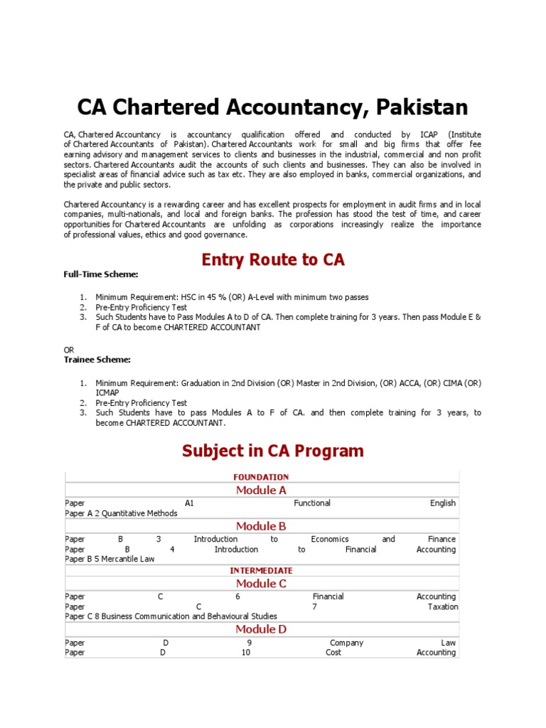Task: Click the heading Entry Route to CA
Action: (273, 259)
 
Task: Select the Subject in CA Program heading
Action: (273, 451)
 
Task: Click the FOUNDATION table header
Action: (262, 477)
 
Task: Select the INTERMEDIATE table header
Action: (261, 570)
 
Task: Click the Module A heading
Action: (262, 491)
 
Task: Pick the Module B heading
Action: (262, 526)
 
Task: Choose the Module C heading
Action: (262, 584)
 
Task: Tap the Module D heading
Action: (262, 629)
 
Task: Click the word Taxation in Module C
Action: (443, 606)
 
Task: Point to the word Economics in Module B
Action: (330, 539)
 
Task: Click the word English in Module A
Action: (443, 503)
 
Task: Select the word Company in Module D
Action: (346, 643)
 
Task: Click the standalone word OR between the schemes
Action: (69, 350)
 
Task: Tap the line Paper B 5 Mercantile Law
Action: (109, 559)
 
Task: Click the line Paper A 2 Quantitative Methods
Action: (121, 513)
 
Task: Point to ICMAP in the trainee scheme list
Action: (108, 392)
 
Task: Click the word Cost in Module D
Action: (333, 652)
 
